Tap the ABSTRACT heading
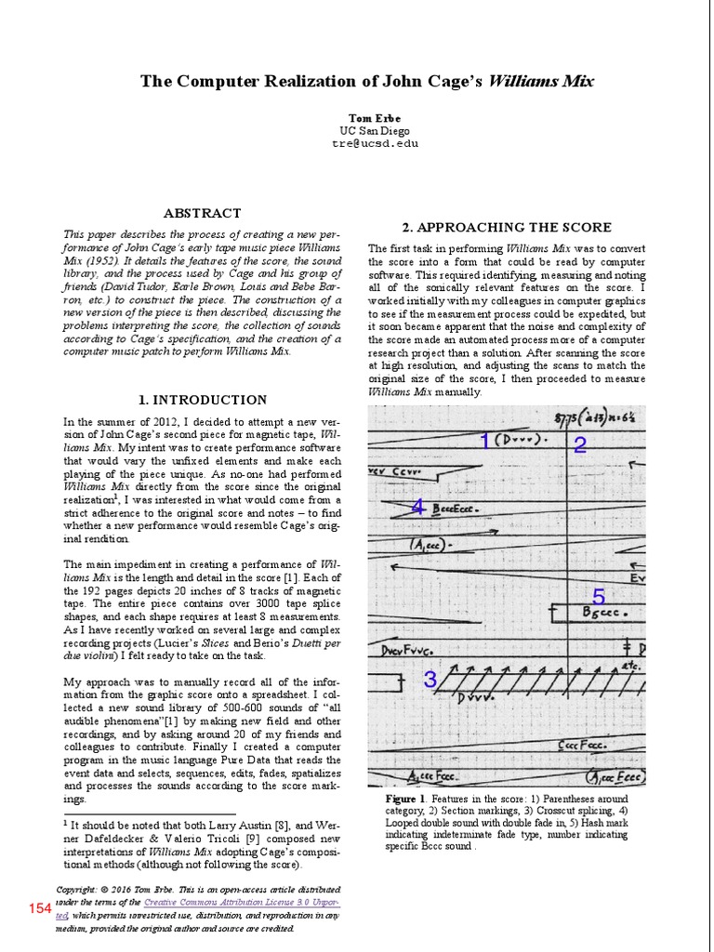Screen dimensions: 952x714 [202, 213]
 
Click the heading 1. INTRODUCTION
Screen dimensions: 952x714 [202, 400]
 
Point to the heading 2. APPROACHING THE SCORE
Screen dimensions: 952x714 [507, 227]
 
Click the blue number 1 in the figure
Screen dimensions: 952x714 [484, 441]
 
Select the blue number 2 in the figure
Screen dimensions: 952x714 [580, 445]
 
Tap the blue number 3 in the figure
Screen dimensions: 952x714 [430, 680]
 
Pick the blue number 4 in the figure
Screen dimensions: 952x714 [418, 507]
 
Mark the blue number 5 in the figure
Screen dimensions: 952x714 [599, 596]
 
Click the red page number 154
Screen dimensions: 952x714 [40, 908]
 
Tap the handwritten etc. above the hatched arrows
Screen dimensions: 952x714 [632, 667]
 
